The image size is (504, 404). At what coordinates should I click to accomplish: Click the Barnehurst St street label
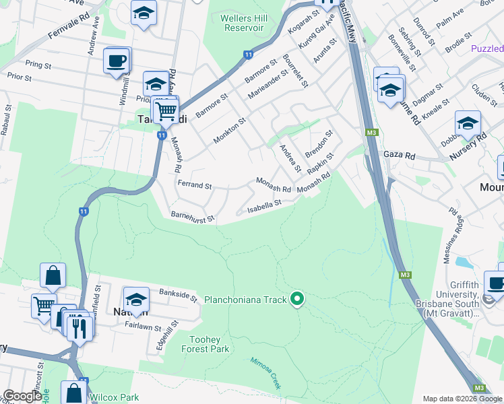coord(192,217)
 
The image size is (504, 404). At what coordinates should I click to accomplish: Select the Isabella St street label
coord(263,205)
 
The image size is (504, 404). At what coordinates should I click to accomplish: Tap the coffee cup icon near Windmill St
coord(117,61)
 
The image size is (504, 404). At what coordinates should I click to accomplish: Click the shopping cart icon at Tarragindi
coord(166,110)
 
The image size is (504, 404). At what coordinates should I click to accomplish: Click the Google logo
coord(22,396)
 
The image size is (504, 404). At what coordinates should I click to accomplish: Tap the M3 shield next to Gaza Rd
coord(371,133)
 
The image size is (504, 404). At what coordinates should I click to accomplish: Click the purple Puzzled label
coord(486,48)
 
